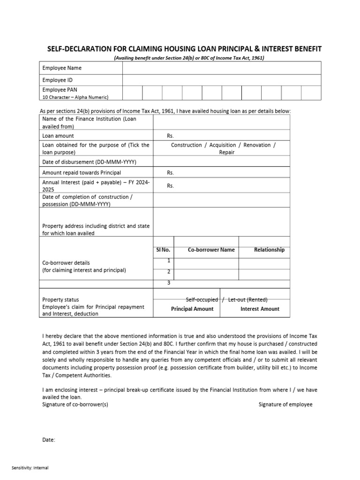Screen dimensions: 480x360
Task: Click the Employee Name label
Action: point(62,68)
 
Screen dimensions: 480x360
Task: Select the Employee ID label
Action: point(57,80)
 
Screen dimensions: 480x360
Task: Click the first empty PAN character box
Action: point(132,93)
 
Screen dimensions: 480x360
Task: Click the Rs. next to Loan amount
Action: point(170,135)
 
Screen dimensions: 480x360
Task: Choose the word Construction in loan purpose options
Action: point(186,145)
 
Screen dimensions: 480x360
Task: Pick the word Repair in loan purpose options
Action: point(227,152)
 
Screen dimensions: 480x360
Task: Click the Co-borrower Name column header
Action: point(211,250)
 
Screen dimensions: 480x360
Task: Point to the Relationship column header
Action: point(269,250)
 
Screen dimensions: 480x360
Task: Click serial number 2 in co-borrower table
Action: point(168,272)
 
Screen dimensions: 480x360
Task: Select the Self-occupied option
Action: point(202,300)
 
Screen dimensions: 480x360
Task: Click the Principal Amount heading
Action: point(192,309)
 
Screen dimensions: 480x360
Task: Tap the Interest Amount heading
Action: point(260,309)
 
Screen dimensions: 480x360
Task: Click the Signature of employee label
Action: point(285,404)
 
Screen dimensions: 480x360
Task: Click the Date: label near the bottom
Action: point(49,440)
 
